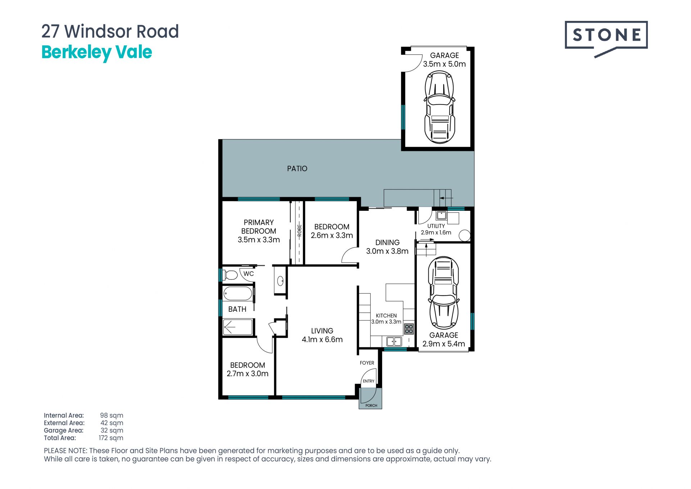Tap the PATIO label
(297, 168)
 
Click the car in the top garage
(439, 107)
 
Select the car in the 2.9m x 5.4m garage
(443, 293)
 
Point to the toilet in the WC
(230, 275)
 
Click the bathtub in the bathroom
(238, 293)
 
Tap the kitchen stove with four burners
(409, 329)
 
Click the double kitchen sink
(394, 341)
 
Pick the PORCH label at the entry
(371, 405)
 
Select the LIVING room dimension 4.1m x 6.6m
(322, 339)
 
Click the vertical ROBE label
(299, 231)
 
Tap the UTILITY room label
(436, 226)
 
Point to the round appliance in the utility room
(465, 235)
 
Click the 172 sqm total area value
(111, 438)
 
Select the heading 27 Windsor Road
(110, 31)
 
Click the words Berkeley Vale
(97, 52)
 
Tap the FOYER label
(367, 363)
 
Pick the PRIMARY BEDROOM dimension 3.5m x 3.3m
(259, 240)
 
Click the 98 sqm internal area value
(112, 415)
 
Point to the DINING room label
(387, 243)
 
